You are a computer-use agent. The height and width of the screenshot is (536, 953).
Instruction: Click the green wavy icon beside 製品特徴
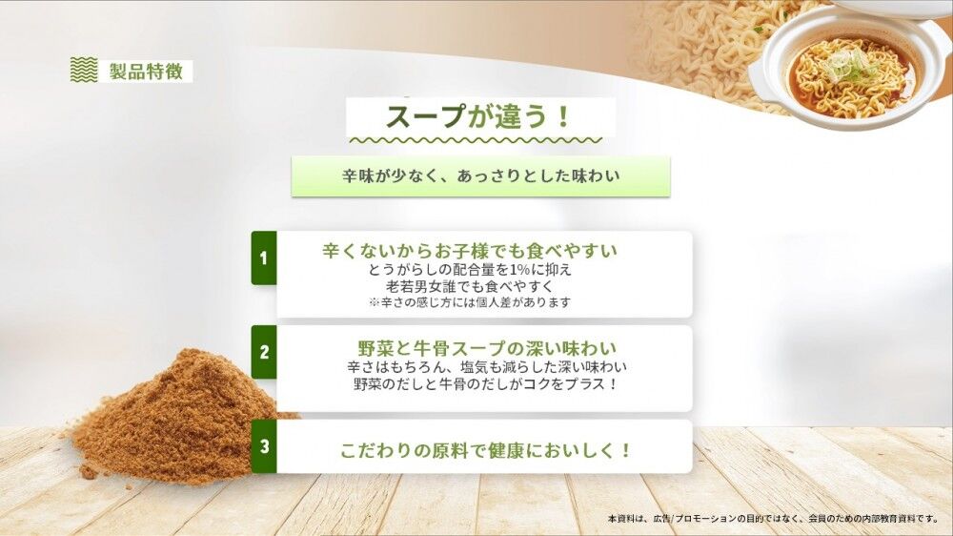84,70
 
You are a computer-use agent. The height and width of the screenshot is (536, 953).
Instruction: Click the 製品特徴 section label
147,72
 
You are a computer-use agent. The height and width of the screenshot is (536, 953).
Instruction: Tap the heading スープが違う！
478,116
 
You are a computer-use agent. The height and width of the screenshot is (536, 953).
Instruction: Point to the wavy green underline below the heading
476,140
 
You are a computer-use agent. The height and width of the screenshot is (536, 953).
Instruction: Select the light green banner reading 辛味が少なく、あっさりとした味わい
480,175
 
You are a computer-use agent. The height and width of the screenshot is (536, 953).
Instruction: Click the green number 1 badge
264,258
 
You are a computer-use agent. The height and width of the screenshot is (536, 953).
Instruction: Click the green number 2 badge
264,352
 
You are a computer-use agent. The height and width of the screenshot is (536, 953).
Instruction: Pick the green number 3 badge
264,446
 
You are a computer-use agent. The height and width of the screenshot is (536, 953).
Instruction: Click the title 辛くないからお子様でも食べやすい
470,251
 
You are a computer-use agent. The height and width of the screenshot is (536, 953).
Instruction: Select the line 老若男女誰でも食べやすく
470,286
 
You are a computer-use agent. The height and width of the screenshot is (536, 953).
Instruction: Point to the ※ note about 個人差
470,302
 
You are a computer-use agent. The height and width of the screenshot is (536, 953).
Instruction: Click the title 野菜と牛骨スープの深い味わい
487,349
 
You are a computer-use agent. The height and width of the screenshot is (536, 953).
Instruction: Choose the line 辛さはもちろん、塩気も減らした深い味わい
487,367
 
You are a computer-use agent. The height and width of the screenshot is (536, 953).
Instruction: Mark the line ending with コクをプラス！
486,384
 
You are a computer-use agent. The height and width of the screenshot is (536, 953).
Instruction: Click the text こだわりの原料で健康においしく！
486,451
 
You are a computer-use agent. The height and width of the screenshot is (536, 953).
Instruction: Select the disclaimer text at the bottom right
773,519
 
